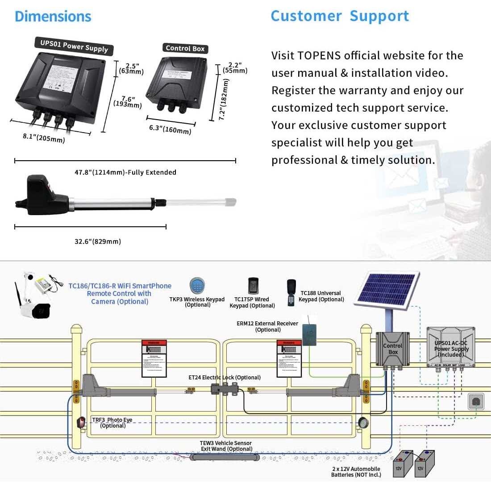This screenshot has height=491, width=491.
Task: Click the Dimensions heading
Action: (53, 17)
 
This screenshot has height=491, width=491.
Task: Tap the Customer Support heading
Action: (340, 16)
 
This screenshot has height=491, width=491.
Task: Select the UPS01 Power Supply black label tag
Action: (74, 46)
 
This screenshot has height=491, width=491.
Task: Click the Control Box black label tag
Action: (185, 48)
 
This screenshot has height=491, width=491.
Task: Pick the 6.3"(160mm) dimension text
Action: (170, 129)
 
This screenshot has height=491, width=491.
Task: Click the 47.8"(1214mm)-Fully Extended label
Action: (125, 172)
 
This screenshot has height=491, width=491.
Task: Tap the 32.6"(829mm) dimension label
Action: (98, 241)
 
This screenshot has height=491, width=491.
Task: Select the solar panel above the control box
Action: (386, 290)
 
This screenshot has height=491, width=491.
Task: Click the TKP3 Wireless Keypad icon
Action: (197, 286)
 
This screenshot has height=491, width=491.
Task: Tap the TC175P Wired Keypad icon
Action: (253, 286)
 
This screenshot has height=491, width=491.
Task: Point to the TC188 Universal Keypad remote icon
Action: (291, 292)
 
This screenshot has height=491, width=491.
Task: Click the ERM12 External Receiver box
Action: (309, 334)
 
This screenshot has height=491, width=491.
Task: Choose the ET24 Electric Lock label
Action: (225, 378)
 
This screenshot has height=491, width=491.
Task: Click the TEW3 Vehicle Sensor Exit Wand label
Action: (226, 446)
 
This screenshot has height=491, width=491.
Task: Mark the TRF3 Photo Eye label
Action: (112, 423)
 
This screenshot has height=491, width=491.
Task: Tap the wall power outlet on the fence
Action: (476, 402)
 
